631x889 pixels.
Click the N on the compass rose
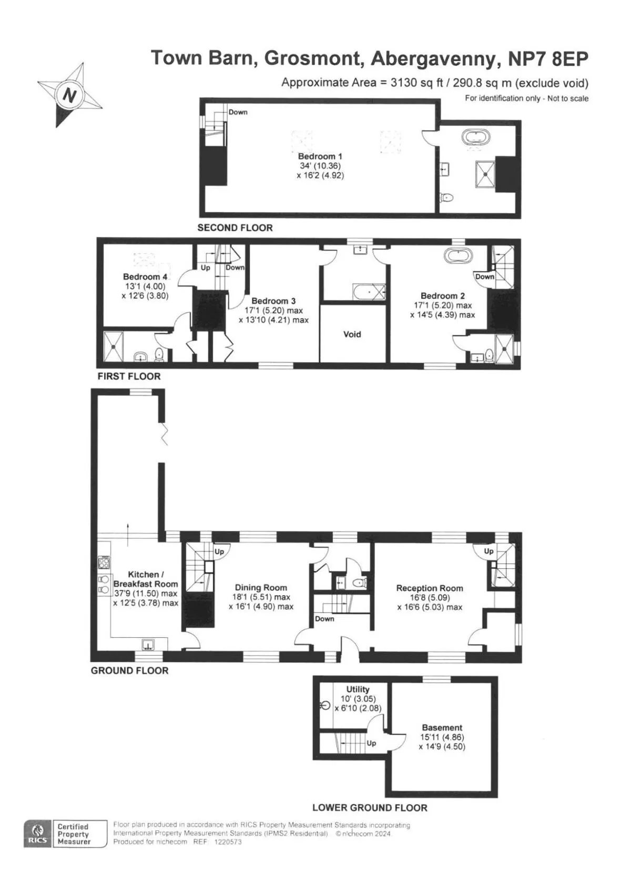[x=70, y=95]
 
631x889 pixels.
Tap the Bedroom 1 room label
[x=320, y=156]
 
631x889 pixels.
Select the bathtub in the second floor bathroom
[x=476, y=138]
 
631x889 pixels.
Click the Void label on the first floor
[x=352, y=334]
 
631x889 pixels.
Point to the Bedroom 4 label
[x=145, y=277]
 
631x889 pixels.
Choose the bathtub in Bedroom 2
[x=459, y=256]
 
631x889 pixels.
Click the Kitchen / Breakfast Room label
[x=146, y=579]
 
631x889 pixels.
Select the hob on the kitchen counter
[x=104, y=562]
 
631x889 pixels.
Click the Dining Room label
[x=261, y=587]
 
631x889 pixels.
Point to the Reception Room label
[x=430, y=588]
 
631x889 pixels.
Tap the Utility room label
[x=358, y=689]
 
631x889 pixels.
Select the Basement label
[x=442, y=728]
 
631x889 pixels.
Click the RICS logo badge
[x=38, y=833]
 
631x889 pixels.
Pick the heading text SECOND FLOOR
[x=235, y=228]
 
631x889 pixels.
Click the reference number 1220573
[x=228, y=842]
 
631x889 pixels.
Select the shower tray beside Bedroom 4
[x=114, y=346]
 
